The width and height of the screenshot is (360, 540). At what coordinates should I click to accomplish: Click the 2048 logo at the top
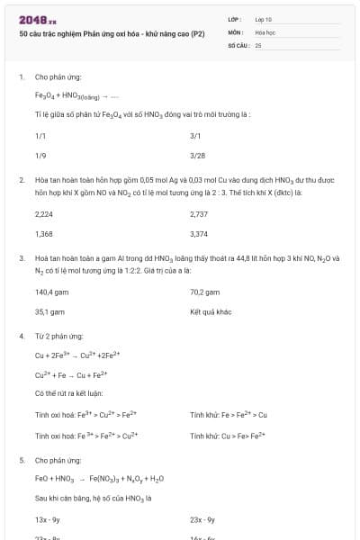point(37,18)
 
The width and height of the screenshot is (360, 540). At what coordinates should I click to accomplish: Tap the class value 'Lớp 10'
point(264,18)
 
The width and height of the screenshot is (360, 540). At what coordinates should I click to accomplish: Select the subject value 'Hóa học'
point(265,31)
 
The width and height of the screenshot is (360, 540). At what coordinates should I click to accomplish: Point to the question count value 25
point(258,43)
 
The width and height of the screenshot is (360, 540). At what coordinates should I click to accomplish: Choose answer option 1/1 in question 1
point(40,136)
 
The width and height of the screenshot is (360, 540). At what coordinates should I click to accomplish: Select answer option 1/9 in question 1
point(40,155)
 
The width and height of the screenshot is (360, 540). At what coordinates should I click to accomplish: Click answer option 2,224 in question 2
point(44,214)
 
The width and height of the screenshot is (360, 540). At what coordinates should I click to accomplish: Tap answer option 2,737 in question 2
point(200,214)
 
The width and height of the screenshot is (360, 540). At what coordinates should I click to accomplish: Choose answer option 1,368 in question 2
point(44,233)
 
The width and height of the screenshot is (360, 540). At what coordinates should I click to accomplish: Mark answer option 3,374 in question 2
point(200,233)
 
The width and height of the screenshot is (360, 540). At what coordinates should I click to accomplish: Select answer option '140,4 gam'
point(52,292)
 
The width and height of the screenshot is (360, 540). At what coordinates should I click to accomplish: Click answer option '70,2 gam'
point(205,292)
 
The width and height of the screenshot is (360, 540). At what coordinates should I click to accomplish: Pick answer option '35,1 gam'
point(50,311)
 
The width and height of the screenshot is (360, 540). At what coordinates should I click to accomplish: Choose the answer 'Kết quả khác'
point(211,311)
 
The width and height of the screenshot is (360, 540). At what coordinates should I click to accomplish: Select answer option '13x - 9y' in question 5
point(48,520)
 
